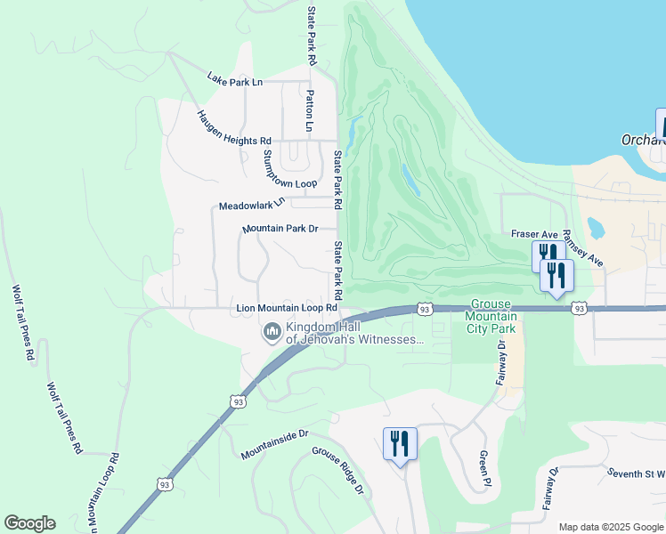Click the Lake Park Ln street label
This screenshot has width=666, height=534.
pyautogui.click(x=235, y=81)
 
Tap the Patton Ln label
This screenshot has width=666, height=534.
pyautogui.click(x=309, y=110)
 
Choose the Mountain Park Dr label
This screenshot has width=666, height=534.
pyautogui.click(x=280, y=229)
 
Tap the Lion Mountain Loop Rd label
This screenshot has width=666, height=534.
pyautogui.click(x=287, y=308)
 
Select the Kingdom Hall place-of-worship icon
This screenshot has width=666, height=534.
pyautogui.click(x=271, y=334)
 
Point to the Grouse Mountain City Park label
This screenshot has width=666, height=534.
pyautogui.click(x=492, y=316)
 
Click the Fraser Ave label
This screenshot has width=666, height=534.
pyautogui.click(x=532, y=233)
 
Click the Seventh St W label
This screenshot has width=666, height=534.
pyautogui.click(x=637, y=473)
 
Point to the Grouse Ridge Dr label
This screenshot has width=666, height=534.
pyautogui.click(x=337, y=471)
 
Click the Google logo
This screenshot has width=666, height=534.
pyautogui.click(x=29, y=523)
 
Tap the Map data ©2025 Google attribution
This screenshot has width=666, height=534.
pyautogui.click(x=610, y=527)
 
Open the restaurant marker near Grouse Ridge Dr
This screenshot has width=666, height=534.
pyautogui.click(x=399, y=443)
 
